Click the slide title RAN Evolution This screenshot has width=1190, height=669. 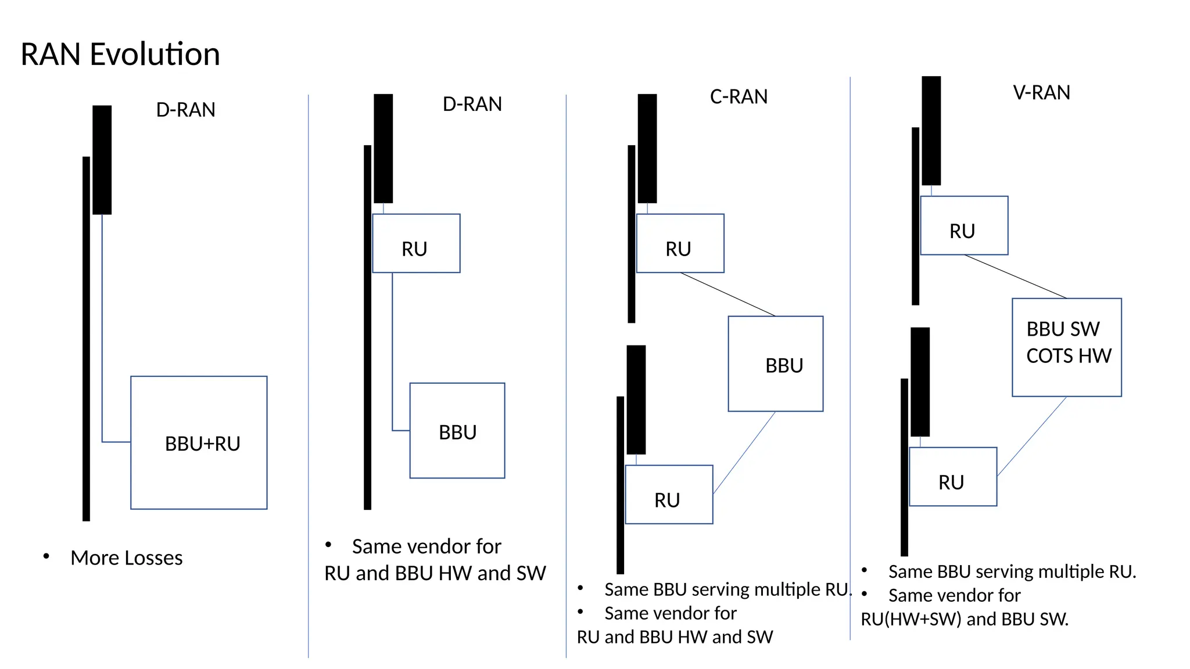tap(120, 55)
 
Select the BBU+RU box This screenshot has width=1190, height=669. tap(199, 443)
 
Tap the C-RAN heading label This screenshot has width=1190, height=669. tap(739, 96)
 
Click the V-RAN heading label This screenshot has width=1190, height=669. tap(1041, 93)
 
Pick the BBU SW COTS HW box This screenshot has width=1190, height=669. tap(1066, 347)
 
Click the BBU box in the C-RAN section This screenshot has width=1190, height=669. tap(776, 364)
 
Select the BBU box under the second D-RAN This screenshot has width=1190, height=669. tap(457, 431)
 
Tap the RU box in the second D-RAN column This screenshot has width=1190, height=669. tap(416, 243)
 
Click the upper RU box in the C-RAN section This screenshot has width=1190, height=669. tap(680, 243)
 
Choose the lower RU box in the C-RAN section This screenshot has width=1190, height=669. tap(669, 495)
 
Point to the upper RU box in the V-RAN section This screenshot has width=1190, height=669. tap(964, 225)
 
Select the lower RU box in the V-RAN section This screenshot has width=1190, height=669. tap(953, 477)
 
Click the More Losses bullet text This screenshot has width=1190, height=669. tap(126, 558)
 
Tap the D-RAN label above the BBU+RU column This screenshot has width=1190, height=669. tap(185, 110)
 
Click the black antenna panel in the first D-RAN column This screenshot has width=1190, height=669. tap(102, 160)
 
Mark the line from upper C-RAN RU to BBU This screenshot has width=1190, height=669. tap(727, 294)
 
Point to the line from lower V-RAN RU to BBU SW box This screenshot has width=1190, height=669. tap(1032, 437)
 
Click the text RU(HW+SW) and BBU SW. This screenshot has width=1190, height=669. tap(965, 619)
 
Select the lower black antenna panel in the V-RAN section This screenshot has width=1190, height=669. tap(920, 382)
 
